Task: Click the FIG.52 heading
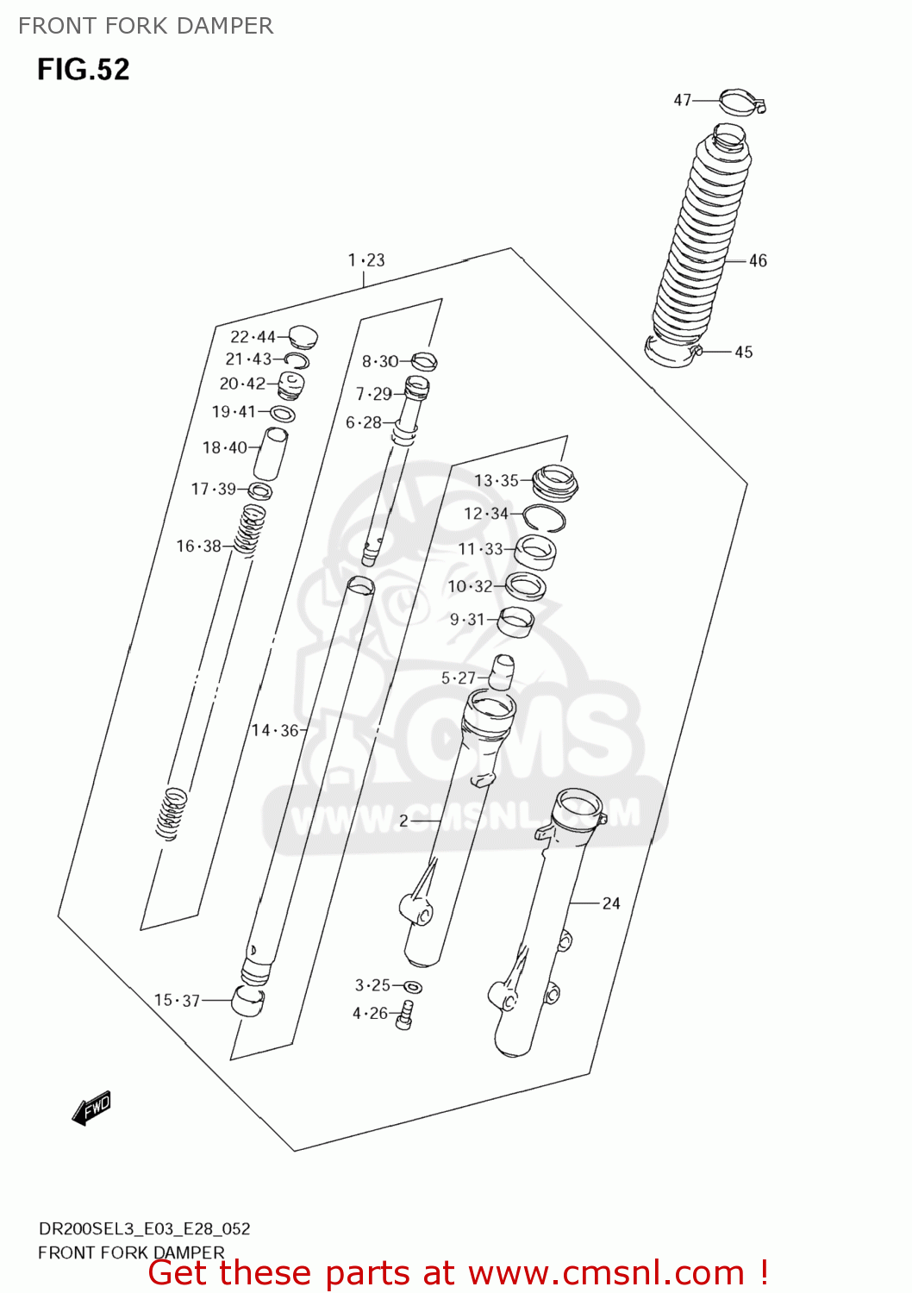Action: point(83,69)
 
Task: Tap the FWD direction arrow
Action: point(91,1108)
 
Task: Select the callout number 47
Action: point(682,100)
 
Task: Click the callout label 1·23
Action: point(366,259)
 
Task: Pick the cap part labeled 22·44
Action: point(303,335)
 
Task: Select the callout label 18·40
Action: point(224,447)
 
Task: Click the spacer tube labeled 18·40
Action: point(271,453)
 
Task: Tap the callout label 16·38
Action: point(198,546)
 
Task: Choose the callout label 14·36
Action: point(275,730)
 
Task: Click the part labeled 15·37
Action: point(248,1002)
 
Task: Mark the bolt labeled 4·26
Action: point(405,1015)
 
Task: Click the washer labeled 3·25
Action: point(413,987)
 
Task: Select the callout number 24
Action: point(610,903)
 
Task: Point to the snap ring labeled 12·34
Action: point(544,516)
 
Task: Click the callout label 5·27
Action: point(458,678)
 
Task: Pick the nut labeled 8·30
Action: point(424,360)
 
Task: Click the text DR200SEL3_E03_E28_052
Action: point(144,1228)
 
